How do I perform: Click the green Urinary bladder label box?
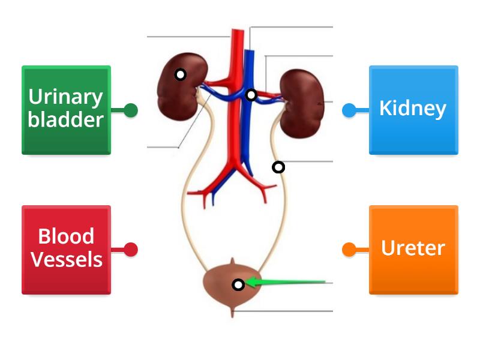(66, 110)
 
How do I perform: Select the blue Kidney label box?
(413, 110)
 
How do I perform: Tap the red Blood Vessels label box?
(66, 250)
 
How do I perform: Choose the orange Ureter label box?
(413, 250)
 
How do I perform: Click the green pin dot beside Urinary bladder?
(131, 110)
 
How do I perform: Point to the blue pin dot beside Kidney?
(349, 110)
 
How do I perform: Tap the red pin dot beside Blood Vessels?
(131, 250)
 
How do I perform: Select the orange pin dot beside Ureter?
(349, 250)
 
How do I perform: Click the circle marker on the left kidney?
(180, 74)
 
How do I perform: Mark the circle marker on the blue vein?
(251, 95)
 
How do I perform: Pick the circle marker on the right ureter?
(278, 167)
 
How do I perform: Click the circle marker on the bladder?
(238, 285)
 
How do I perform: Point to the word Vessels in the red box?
(66, 260)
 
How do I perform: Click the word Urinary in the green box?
(66, 97)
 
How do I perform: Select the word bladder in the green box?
(66, 119)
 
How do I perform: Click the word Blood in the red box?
(66, 237)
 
